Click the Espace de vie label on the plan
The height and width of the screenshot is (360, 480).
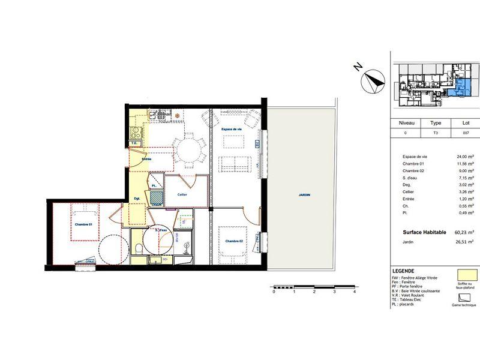232,130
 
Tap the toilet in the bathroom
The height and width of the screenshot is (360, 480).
139,247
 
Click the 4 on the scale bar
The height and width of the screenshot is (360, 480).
355,293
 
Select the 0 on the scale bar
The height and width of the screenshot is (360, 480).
274,293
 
